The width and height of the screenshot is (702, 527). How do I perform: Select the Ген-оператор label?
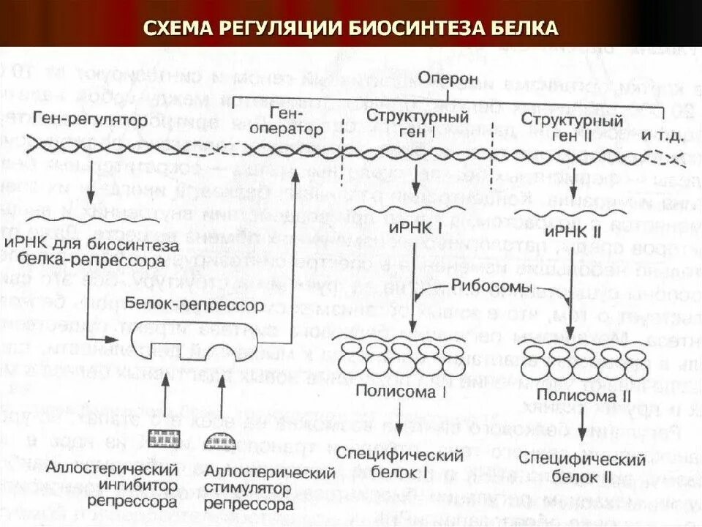(287, 121)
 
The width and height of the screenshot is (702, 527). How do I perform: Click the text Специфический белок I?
(400, 464)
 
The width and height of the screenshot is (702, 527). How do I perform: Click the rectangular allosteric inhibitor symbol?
(165, 439)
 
